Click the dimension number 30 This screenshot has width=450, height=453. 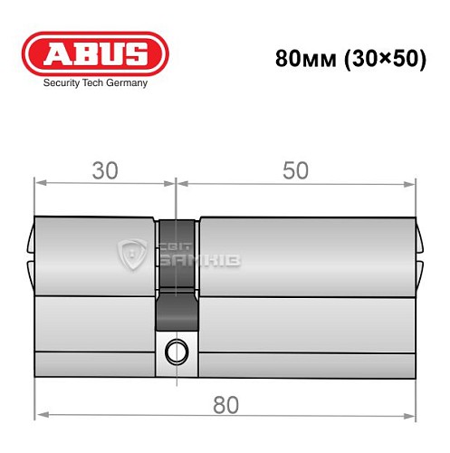point(104,169)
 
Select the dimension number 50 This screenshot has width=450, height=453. point(295,169)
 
